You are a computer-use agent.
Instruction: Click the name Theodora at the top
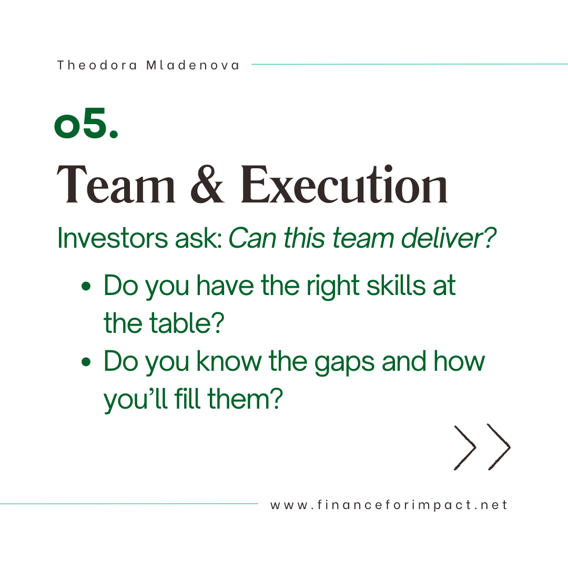tap(97, 65)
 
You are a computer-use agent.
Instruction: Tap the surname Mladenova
tap(192, 65)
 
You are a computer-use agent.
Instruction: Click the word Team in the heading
tap(116, 185)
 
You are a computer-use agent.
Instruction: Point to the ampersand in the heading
tap(208, 185)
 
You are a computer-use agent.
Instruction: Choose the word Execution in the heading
tap(344, 185)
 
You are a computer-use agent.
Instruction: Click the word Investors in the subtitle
tap(113, 238)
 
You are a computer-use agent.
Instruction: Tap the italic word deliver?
tap(449, 238)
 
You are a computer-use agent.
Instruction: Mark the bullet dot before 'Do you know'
tap(86, 361)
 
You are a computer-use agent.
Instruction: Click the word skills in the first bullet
tap(396, 286)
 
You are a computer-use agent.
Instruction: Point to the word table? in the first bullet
tap(187, 323)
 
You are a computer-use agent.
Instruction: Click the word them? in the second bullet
tap(245, 399)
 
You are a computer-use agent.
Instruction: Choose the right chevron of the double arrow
tap(499, 447)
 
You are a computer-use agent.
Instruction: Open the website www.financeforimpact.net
tap(389, 505)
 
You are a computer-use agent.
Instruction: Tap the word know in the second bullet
tap(229, 361)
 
